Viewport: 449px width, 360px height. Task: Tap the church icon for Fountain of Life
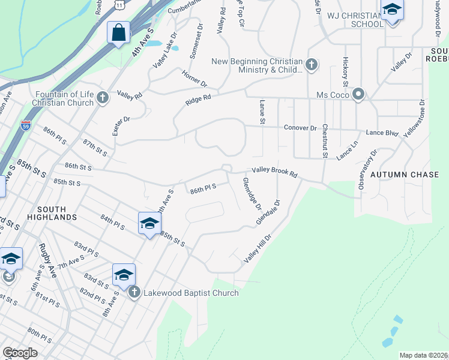(x=103, y=97)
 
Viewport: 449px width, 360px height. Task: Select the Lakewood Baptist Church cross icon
(x=134, y=292)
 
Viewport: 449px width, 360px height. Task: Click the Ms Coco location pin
(x=358, y=95)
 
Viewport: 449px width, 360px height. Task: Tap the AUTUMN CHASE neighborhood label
(x=401, y=174)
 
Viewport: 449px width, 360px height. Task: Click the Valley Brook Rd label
(x=274, y=172)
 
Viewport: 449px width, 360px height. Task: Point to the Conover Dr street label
(x=300, y=128)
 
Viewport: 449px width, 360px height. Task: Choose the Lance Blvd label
(x=382, y=133)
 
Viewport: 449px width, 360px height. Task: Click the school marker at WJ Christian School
(x=392, y=11)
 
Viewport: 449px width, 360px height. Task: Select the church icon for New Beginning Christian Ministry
(x=311, y=64)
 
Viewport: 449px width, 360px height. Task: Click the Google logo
(x=20, y=353)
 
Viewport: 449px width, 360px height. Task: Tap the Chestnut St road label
(x=324, y=140)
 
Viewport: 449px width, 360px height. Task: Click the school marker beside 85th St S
(x=149, y=224)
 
